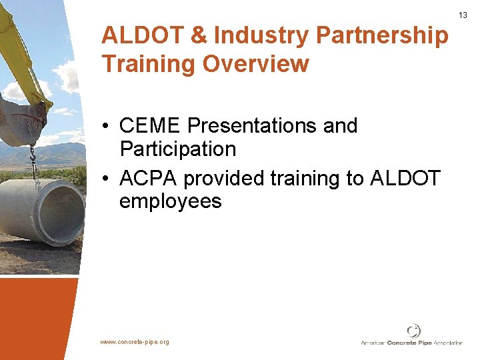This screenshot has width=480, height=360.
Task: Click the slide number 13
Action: point(463,15)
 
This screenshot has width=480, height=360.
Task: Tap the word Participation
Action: point(178,149)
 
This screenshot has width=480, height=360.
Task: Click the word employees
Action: point(170,201)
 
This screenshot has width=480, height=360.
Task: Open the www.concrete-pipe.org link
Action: point(135,342)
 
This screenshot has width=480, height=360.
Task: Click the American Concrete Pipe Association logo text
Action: point(411,343)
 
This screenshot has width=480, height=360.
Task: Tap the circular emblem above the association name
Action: point(414,331)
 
